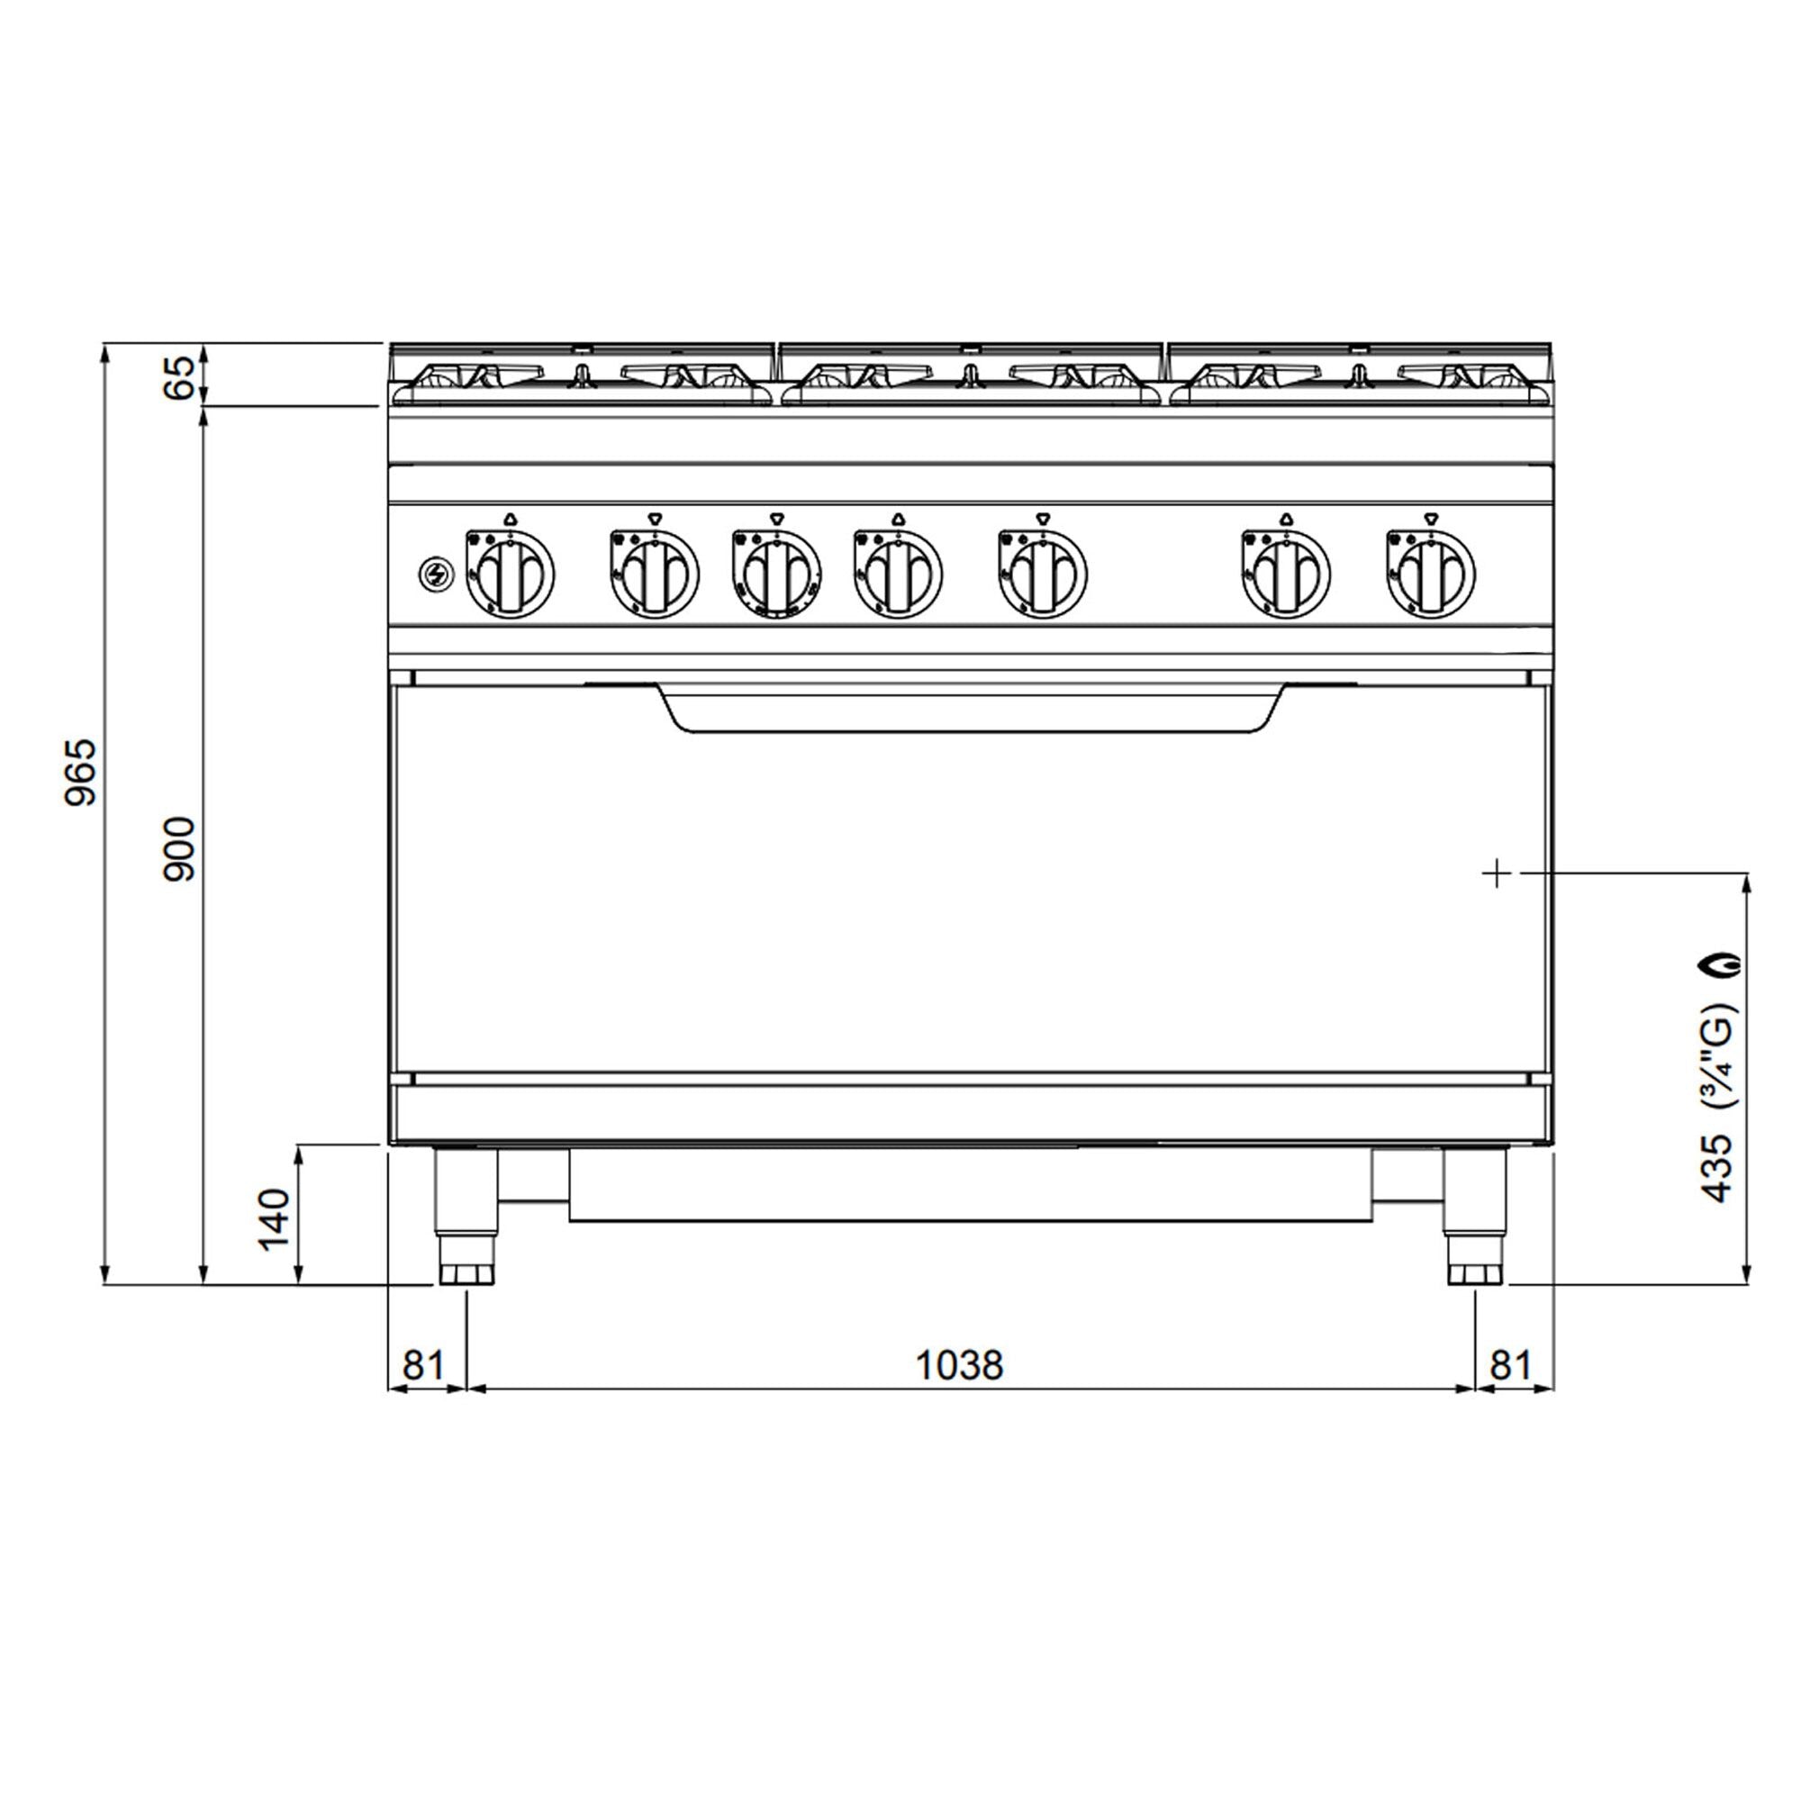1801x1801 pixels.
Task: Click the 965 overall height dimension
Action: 81,772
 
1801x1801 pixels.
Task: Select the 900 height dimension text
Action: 179,849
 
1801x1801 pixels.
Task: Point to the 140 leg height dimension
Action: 274,1219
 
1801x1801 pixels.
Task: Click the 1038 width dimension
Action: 959,1366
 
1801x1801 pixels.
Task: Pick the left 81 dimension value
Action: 423,1366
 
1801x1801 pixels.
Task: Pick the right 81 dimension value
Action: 1510,1366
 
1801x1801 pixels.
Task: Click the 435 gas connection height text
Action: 1716,1168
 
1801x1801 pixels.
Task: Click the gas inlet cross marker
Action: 1496,873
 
